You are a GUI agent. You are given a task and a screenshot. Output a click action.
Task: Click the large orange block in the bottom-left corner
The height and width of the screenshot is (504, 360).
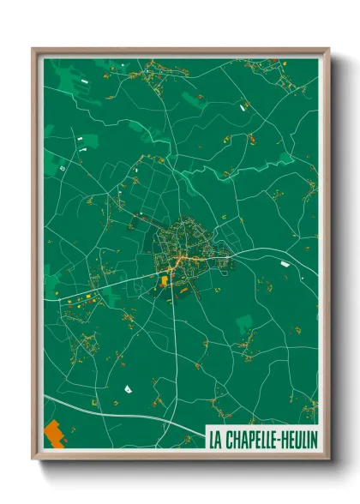(53, 434)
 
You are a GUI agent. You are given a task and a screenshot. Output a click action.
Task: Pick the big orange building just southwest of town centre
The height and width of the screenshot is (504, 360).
(163, 280)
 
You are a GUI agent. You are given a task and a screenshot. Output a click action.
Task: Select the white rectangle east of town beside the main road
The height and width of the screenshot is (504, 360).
(284, 265)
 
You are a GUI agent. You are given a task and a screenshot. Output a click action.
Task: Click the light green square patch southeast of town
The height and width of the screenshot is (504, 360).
(245, 323)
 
